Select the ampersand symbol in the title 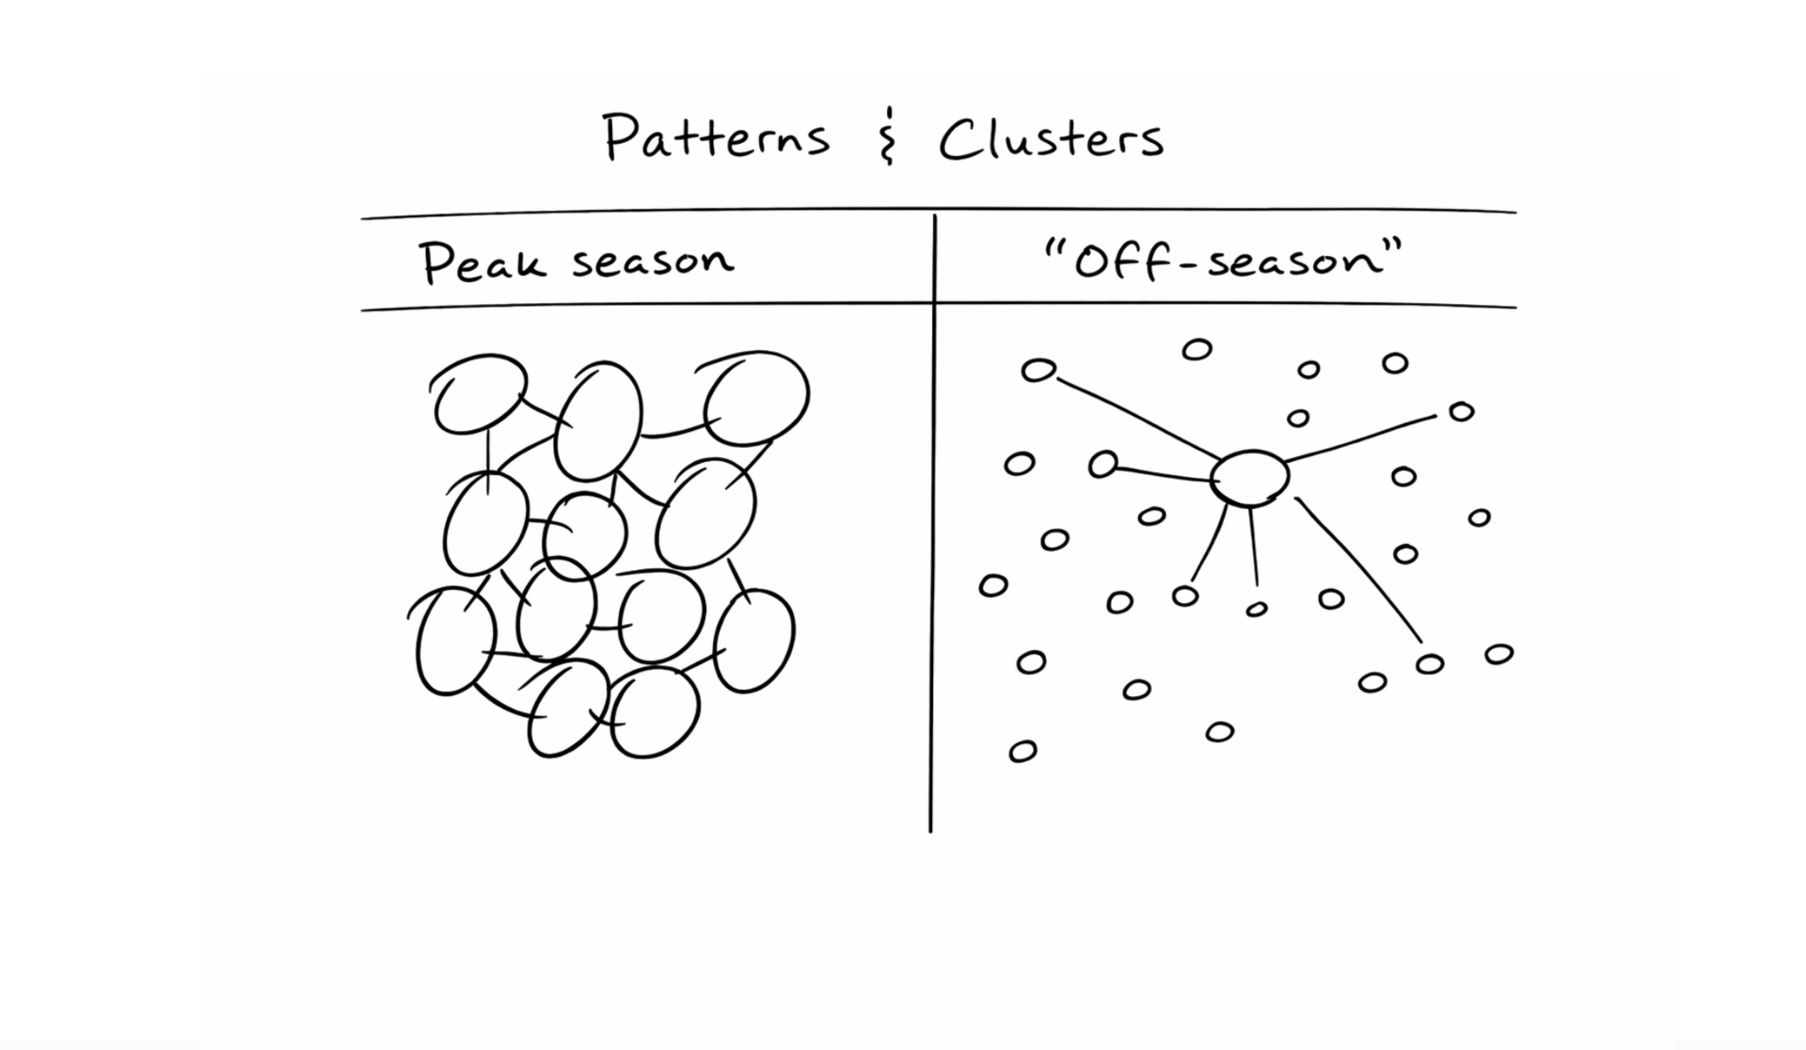click(885, 137)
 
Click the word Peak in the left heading click(482, 262)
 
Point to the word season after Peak click(653, 260)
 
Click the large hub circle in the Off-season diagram click(1250, 478)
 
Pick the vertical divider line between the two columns click(933, 565)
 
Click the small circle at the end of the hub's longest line click(1429, 664)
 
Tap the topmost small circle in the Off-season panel click(1196, 350)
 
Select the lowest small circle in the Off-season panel click(1022, 751)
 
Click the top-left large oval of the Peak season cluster click(479, 394)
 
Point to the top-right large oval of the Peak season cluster click(756, 398)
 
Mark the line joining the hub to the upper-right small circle click(1359, 437)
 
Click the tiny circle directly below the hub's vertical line click(1256, 610)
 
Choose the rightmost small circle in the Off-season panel click(1498, 654)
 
